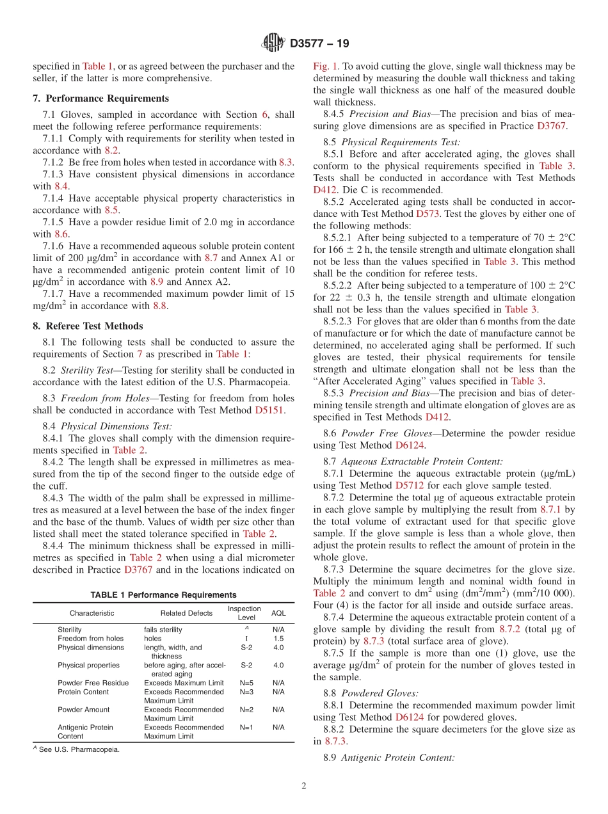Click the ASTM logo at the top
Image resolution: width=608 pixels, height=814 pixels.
pos(273,44)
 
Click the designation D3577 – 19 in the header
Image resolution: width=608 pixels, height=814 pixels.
pos(319,44)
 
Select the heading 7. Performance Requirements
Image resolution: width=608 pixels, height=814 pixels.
pos(101,98)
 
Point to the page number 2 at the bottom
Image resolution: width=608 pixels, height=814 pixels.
pos(304,786)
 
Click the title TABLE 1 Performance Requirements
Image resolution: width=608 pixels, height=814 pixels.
pos(163,595)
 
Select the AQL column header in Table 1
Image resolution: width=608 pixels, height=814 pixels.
pos(278,613)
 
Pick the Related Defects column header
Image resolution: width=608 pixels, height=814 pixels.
pos(186,613)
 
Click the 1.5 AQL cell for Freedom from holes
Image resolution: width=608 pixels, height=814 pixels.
pos(278,639)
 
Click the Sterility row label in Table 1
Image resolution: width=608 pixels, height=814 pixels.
pos(70,630)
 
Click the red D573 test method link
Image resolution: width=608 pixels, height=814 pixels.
pos(428,214)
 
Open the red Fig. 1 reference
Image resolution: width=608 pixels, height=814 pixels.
pos(324,66)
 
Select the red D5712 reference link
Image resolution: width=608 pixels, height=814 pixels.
pos(410,485)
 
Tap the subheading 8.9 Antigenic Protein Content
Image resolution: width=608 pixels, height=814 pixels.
pos(398,758)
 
